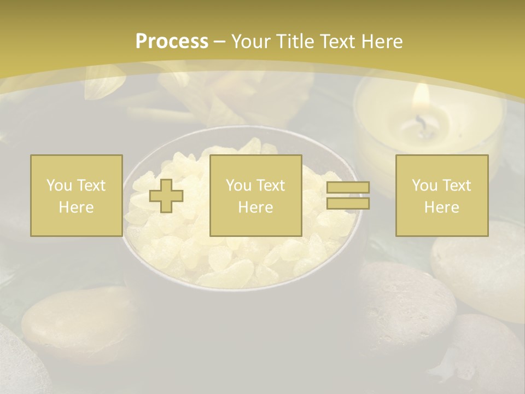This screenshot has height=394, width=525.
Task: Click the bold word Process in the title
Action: pos(172,42)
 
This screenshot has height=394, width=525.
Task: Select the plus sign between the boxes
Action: pos(166,196)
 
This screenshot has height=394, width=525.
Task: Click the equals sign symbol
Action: pos(348,195)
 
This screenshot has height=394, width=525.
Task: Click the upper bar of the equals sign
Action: pos(348,188)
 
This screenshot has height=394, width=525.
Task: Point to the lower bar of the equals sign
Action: pos(348,203)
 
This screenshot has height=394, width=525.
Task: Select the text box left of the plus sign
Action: pos(76,195)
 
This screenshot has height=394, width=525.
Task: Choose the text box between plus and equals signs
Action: pos(255,195)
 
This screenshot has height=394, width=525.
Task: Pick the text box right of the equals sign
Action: pos(441,195)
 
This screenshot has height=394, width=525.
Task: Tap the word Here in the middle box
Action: pos(255,207)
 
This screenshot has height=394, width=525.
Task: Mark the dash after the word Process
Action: pos(220,42)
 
